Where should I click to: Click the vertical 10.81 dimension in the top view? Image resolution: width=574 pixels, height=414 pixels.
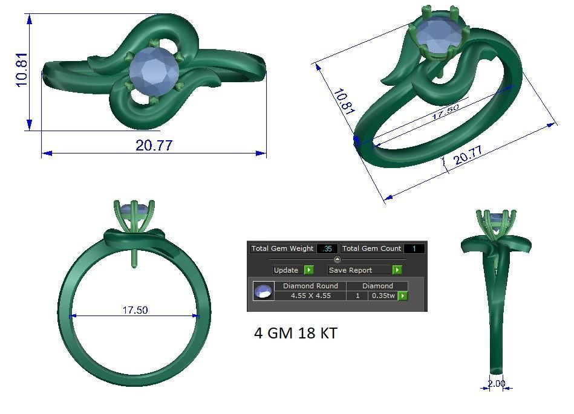coord(22,70)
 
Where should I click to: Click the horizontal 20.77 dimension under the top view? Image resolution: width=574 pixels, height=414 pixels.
coord(154,146)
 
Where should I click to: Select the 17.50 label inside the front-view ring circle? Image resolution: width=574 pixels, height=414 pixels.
coord(135,310)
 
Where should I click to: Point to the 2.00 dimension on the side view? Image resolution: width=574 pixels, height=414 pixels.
coord(495,384)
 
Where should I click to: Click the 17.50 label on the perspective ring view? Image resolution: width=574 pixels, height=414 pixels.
coord(446,112)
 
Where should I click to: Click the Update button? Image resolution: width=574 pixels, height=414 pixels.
coord(287,270)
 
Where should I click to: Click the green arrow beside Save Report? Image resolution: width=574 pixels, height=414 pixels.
coord(397,270)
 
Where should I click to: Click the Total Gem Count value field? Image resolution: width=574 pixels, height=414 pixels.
coord(414,248)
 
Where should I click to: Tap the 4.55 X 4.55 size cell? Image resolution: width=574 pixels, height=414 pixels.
coord(310,296)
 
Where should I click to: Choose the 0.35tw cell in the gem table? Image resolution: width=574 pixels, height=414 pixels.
coord(383,296)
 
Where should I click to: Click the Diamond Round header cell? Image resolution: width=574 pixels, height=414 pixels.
coord(310,286)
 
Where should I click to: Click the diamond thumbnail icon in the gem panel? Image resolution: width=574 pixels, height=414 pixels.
coord(263,291)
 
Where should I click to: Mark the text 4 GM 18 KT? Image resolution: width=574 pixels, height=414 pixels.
coord(295,333)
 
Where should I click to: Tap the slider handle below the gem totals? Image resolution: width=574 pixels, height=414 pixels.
coord(338,259)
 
